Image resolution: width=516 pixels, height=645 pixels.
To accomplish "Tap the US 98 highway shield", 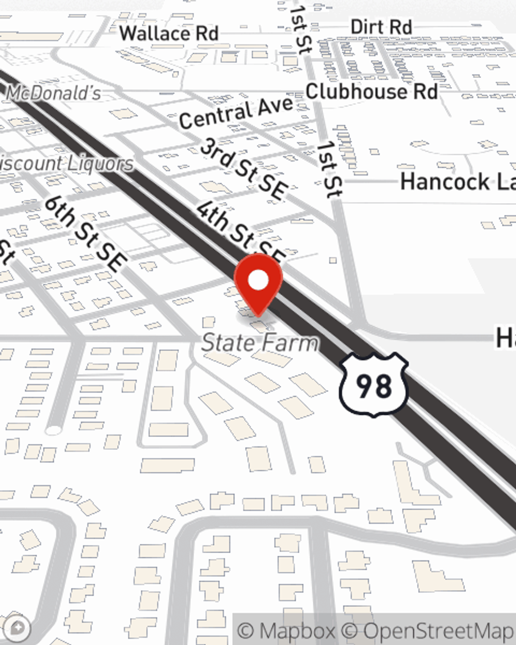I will pyautogui.click(x=374, y=384).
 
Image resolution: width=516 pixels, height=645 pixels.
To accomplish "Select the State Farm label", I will pyautogui.click(x=260, y=343).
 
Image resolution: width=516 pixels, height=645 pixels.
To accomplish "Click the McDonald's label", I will pyautogui.click(x=54, y=93).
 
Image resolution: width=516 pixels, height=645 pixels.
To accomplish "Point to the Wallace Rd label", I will pyautogui.click(x=169, y=34).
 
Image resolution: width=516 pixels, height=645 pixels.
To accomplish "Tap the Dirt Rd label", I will pyautogui.click(x=381, y=27).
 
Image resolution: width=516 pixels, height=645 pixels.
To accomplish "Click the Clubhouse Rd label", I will pyautogui.click(x=372, y=92).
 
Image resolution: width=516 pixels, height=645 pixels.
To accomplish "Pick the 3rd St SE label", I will pyautogui.click(x=243, y=169).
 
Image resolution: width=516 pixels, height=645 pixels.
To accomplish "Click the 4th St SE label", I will pyautogui.click(x=240, y=231).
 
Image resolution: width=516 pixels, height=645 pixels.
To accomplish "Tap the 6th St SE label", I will pyautogui.click(x=85, y=233).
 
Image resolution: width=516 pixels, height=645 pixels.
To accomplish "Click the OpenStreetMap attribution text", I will pyautogui.click(x=439, y=631).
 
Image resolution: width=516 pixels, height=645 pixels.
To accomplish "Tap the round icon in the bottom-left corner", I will pyautogui.click(x=18, y=628).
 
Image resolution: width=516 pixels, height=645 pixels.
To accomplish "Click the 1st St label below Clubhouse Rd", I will pyautogui.click(x=329, y=169).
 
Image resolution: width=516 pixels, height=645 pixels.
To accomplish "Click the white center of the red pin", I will pyautogui.click(x=259, y=281).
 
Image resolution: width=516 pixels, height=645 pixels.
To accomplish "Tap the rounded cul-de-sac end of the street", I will pyautogui.click(x=53, y=429).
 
